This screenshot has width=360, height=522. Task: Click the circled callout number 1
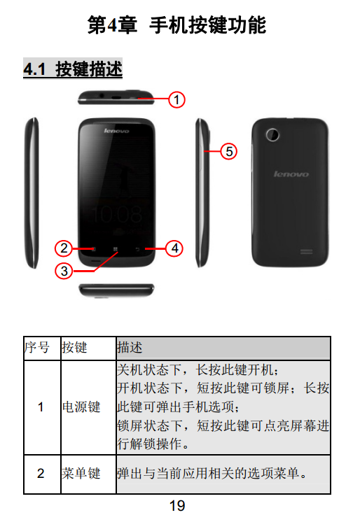pyautogui.click(x=176, y=100)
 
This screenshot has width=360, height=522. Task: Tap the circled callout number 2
pyautogui.click(x=64, y=248)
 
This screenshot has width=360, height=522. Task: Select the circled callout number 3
pyautogui.click(x=64, y=271)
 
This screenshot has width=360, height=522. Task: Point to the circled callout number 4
pyautogui.click(x=174, y=248)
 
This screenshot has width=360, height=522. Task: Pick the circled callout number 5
pyautogui.click(x=228, y=151)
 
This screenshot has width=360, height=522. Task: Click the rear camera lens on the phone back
pyautogui.click(x=272, y=134)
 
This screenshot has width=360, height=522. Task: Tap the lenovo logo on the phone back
pyautogui.click(x=291, y=174)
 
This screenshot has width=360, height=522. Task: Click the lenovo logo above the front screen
pyautogui.click(x=116, y=131)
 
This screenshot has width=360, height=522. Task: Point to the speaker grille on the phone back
pyautogui.click(x=306, y=251)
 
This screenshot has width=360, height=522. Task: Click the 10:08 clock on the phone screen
pyautogui.click(x=117, y=214)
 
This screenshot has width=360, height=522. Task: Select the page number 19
pyautogui.click(x=177, y=506)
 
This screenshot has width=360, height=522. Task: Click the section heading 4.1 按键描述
pyautogui.click(x=73, y=69)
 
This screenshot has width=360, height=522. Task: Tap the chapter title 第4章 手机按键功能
pyautogui.click(x=176, y=25)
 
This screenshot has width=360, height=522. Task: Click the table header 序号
pyautogui.click(x=37, y=348)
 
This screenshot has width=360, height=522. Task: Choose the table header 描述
pyautogui.click(x=130, y=348)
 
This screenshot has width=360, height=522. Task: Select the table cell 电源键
pyautogui.click(x=81, y=407)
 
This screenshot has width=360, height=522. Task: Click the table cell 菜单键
pyautogui.click(x=81, y=473)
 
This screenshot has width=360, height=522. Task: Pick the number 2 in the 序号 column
pyautogui.click(x=41, y=474)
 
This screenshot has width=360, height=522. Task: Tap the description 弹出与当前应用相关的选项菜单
pyautogui.click(x=212, y=473)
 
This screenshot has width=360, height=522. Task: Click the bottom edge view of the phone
pyautogui.click(x=116, y=290)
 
